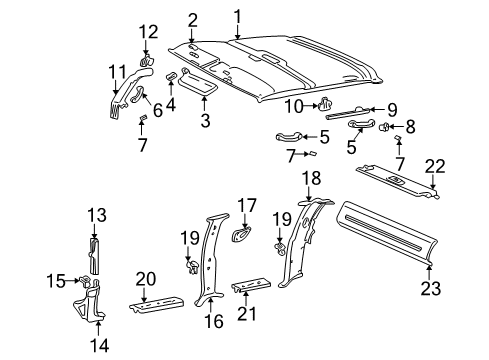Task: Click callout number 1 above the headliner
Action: [238, 15]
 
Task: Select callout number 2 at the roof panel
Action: [192, 20]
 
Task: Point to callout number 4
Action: [171, 103]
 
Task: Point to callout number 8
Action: [408, 127]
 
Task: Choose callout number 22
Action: [433, 166]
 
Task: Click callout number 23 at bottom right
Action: [432, 289]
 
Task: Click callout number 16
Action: [214, 322]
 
